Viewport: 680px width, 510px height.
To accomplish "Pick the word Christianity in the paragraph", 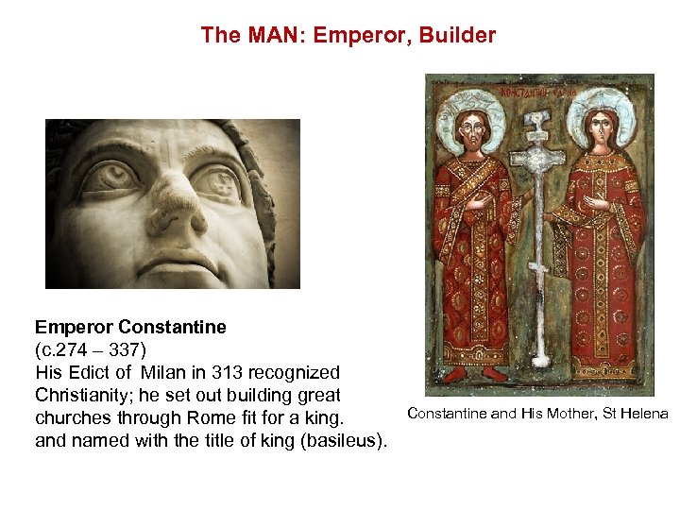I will [81, 395].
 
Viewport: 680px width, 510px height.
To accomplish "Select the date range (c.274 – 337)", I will [91, 349].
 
